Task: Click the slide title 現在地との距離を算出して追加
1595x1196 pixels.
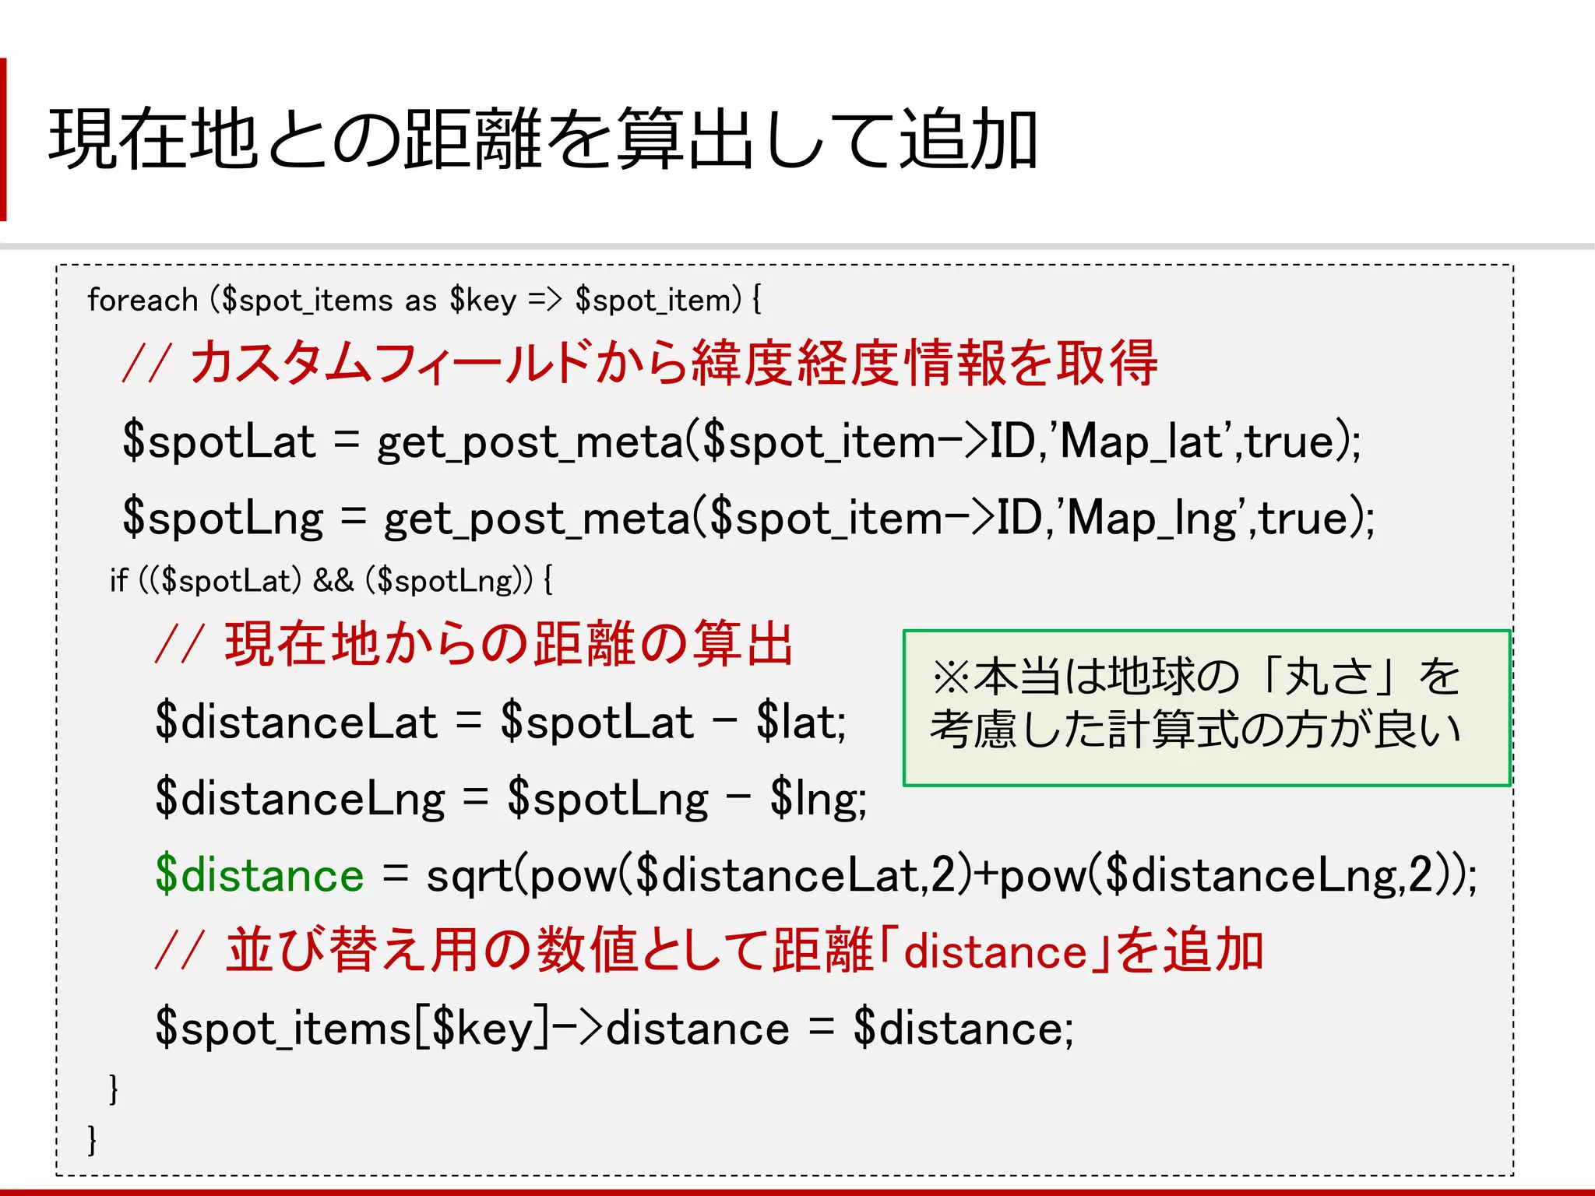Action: pos(543,139)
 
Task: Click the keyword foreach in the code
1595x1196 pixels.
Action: pos(143,300)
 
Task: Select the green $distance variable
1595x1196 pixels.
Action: pos(259,874)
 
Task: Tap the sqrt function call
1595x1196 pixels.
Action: pos(470,874)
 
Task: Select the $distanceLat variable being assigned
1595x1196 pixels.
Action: pos(296,721)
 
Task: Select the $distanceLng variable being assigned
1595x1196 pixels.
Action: pos(300,798)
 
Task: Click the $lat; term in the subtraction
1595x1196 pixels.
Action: pos(801,721)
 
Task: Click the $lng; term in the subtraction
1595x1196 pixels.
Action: pos(818,798)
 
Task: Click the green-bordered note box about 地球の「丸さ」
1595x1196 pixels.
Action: pos(1206,707)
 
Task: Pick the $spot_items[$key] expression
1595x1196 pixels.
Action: pos(352,1028)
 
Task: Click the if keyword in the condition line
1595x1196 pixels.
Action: pos(118,580)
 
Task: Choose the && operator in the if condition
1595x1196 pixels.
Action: pos(333,580)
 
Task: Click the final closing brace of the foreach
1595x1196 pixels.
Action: pos(92,1140)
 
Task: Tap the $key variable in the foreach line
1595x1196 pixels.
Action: pos(482,300)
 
